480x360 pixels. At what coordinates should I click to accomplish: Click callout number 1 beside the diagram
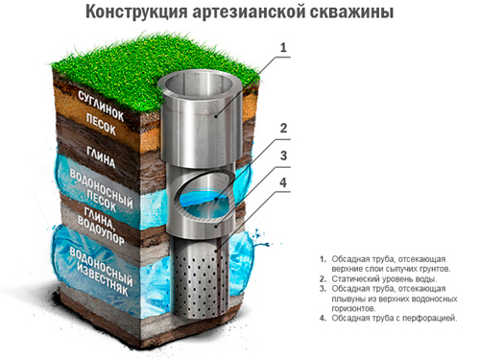(283, 48)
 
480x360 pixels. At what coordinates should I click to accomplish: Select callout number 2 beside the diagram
(283, 129)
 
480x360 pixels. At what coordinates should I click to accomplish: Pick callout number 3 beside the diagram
(283, 156)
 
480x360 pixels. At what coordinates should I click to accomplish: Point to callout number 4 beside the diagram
(283, 182)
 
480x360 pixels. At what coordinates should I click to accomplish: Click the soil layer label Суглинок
(101, 106)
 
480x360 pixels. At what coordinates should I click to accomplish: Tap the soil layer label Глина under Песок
(101, 157)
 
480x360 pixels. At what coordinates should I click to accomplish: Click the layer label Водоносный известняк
(101, 272)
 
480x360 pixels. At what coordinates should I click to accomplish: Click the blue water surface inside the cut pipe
(204, 201)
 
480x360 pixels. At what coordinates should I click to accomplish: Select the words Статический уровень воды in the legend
(384, 278)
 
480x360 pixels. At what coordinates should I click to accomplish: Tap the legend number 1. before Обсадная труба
(323, 259)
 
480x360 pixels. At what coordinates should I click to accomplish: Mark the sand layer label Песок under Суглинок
(101, 125)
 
